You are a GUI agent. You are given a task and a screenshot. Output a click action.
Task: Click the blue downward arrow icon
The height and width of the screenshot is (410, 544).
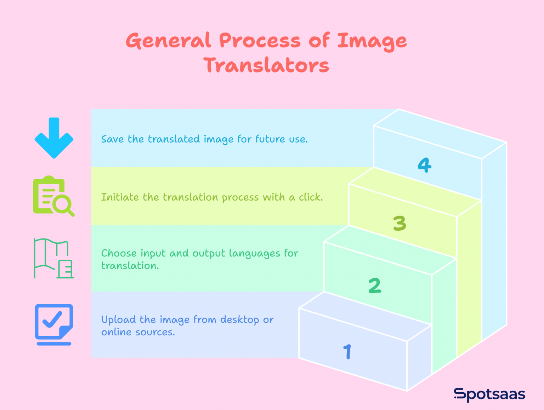54,138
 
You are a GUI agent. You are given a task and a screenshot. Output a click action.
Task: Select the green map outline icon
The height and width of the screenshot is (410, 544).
53,259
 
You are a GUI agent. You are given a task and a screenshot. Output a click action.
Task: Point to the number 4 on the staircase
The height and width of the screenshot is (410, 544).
424,165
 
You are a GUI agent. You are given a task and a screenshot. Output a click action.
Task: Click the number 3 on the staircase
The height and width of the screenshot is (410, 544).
399,224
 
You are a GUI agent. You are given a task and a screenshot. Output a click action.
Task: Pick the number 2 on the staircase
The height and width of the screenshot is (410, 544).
375,286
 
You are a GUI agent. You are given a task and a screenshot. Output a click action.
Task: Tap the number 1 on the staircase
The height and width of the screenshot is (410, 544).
347,352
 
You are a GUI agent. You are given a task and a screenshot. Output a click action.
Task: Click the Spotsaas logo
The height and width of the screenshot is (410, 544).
489,394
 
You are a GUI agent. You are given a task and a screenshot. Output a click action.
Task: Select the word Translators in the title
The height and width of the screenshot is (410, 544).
266,66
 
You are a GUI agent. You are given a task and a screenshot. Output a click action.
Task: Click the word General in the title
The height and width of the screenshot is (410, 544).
168,41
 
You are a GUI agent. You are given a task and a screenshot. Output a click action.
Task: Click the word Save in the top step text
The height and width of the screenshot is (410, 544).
112,139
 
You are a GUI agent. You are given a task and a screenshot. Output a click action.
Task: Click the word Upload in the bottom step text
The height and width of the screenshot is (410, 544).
119,320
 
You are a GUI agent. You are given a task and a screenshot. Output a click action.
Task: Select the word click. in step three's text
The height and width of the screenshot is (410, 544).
311,197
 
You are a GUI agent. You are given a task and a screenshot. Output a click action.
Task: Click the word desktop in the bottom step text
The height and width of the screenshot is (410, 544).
240,320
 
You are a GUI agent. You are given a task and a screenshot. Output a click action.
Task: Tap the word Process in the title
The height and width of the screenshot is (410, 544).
260,41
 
